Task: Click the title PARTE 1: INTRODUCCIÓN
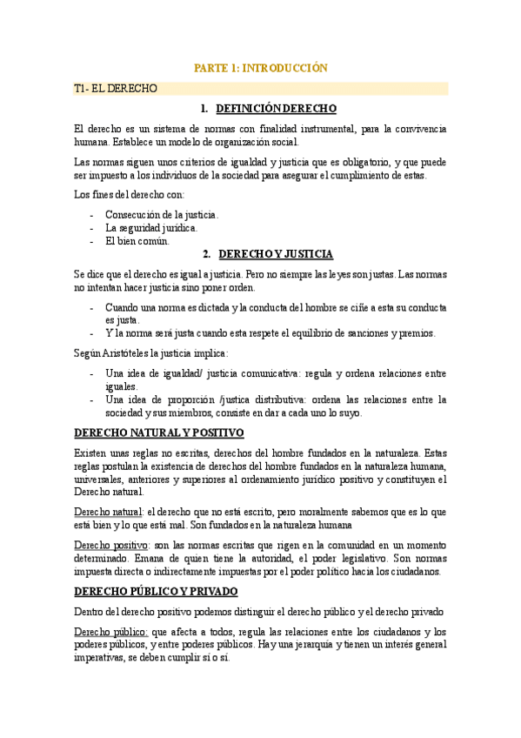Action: click(260, 67)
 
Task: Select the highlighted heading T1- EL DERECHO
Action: click(116, 88)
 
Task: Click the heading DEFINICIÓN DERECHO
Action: click(276, 109)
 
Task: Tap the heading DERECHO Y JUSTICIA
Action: click(276, 254)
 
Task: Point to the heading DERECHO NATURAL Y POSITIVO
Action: click(159, 433)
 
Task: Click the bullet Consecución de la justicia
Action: click(162, 214)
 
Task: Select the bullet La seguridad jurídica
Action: click(151, 228)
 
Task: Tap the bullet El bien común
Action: click(137, 241)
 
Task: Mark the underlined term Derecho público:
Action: click(112, 632)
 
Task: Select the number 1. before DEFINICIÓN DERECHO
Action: click(204, 109)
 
